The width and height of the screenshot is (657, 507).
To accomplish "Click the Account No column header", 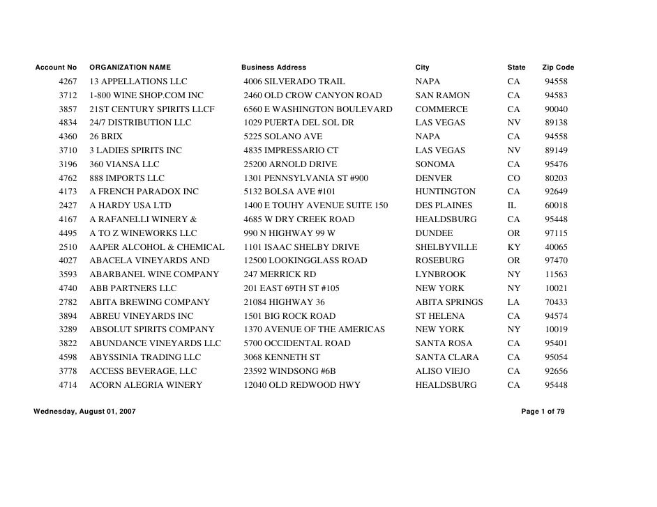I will [x=56, y=68].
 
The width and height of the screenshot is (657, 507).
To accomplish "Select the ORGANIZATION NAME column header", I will [x=130, y=68].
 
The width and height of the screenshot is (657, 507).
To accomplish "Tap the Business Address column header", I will [x=273, y=68].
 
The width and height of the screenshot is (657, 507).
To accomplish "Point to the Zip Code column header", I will [x=557, y=68].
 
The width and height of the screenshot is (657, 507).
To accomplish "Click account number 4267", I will [x=68, y=81].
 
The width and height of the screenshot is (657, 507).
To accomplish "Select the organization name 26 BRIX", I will [x=106, y=136].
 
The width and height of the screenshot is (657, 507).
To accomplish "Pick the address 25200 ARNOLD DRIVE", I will [x=290, y=164].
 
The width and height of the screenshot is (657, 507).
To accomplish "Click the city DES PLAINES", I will [x=444, y=205].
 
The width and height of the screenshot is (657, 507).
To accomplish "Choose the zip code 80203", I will [x=556, y=178].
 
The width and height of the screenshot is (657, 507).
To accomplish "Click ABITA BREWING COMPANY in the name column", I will [x=149, y=302].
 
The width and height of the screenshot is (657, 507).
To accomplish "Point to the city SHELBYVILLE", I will [x=446, y=247].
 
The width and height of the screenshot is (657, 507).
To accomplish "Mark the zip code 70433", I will [x=556, y=302].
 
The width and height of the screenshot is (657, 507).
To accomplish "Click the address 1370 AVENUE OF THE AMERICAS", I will [x=314, y=329].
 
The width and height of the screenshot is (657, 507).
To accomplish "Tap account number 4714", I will [x=68, y=385].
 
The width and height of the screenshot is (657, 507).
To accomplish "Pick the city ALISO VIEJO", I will [x=442, y=371].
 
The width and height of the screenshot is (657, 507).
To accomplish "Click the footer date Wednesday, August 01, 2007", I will [x=84, y=412].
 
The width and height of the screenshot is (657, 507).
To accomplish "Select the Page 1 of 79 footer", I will [x=543, y=412].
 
